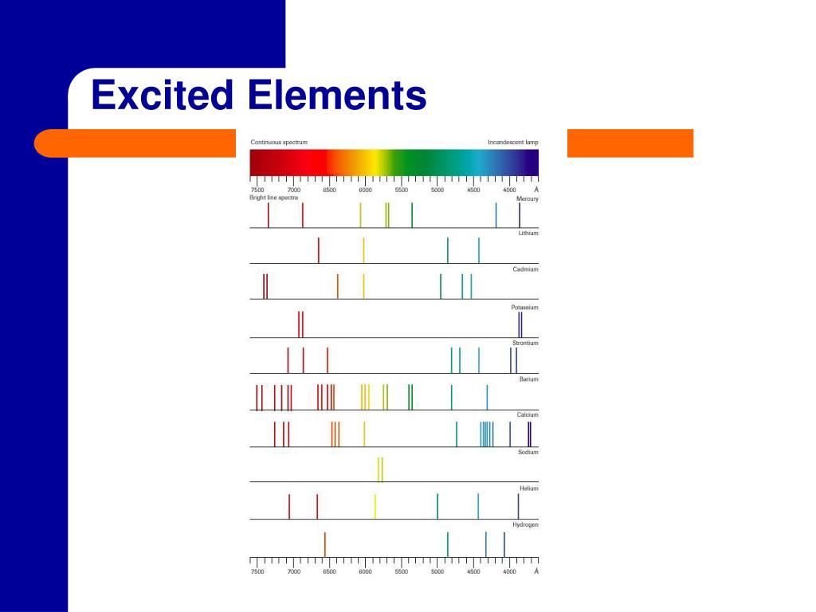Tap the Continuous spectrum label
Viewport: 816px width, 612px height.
coord(279,143)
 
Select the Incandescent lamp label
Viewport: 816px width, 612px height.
coord(513,143)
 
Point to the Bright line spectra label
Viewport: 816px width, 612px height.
coord(273,198)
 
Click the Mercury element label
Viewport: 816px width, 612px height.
coord(528,198)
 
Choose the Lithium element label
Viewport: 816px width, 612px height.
coord(528,233)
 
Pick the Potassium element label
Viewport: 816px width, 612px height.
coord(524,307)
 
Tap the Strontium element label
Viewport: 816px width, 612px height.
coord(525,343)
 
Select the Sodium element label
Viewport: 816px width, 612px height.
coord(528,452)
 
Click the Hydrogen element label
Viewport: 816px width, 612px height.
coord(525,525)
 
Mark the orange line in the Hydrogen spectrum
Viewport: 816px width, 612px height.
coord(324,544)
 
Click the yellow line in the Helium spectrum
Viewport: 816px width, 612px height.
coord(375,506)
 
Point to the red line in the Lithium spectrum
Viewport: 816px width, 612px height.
coord(319,249)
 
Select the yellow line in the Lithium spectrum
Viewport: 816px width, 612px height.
coord(364,249)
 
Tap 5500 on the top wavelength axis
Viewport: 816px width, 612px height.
coord(401,190)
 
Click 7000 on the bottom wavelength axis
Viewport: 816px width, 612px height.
coord(293,571)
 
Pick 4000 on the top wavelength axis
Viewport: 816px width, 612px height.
coord(509,190)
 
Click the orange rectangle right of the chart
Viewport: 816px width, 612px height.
coord(630,143)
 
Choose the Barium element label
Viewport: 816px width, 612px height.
coord(528,379)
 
